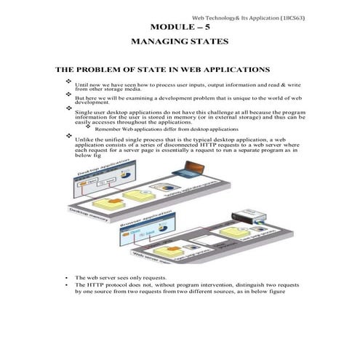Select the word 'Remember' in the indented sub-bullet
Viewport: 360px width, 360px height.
point(108,128)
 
